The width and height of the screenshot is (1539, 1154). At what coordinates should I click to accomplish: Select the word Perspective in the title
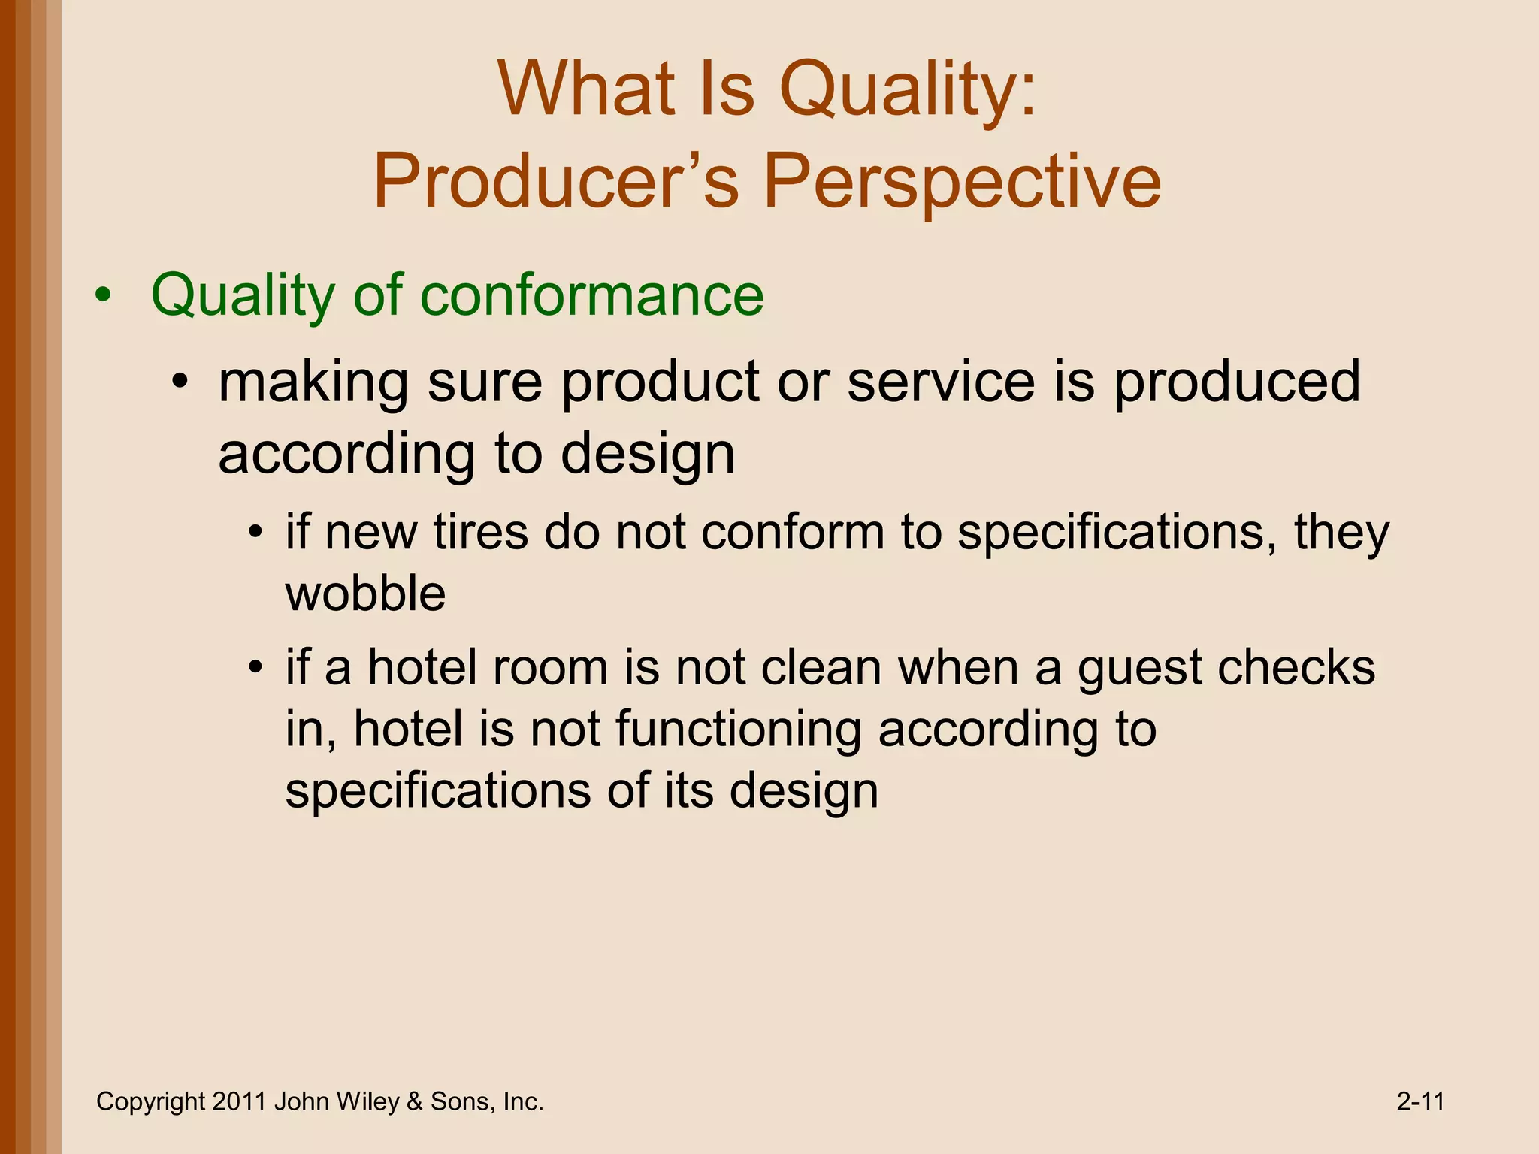tap(963, 183)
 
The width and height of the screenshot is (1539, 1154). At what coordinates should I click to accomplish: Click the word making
tap(313, 382)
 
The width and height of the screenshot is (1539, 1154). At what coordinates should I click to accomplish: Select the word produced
tap(1237, 382)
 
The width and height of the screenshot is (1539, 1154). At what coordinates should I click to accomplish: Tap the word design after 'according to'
tap(648, 454)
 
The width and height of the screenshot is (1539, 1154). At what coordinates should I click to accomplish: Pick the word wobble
tap(365, 594)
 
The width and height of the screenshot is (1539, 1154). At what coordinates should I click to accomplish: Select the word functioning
tap(739, 730)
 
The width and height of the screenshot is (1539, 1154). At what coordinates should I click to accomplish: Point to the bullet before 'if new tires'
tap(256, 533)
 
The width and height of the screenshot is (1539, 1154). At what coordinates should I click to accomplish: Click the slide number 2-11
tap(1420, 1101)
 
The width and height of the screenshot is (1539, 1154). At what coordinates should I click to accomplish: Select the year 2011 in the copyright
tap(240, 1101)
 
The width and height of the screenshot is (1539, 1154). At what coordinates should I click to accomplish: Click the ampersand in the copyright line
tap(415, 1101)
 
